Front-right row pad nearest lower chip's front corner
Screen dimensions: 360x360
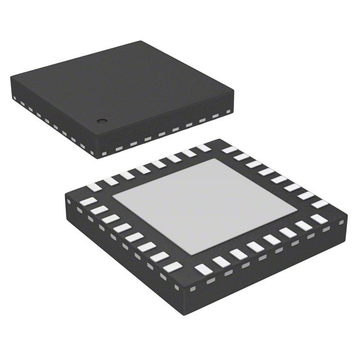click(202, 269)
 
